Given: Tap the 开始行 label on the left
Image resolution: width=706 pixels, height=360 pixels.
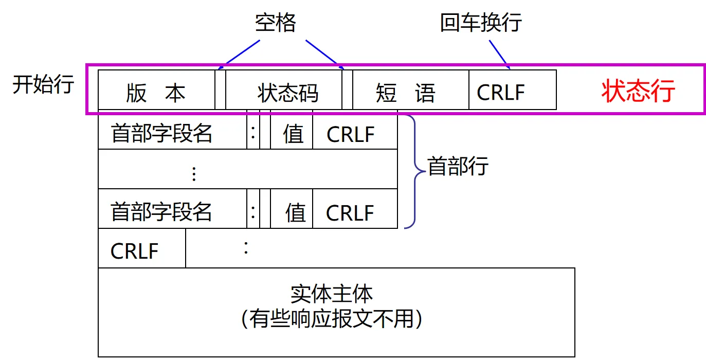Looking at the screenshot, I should [43, 84].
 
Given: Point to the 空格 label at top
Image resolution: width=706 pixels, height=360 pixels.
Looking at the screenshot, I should [276, 23].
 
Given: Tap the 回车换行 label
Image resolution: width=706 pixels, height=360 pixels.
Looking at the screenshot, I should [481, 23].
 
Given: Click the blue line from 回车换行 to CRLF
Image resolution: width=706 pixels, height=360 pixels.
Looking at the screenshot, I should [499, 54].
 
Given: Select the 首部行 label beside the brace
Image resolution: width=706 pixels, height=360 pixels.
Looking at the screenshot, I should [458, 166].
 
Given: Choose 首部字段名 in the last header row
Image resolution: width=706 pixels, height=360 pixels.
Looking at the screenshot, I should [162, 211].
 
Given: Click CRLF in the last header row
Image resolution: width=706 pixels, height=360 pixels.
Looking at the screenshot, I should [350, 212].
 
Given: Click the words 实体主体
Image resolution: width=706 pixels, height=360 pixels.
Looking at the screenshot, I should [331, 293].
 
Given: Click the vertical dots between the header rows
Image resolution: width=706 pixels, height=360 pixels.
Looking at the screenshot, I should [194, 174].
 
